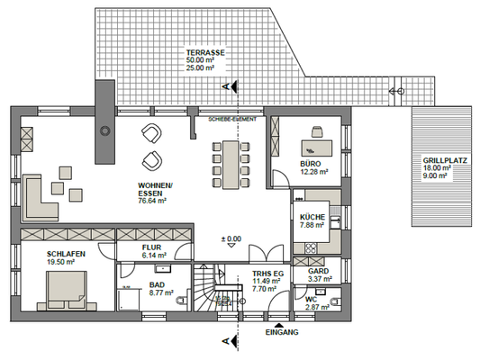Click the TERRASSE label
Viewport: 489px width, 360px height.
tap(200, 53)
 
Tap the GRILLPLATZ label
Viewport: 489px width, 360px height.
tap(443, 160)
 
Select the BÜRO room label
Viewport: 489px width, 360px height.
tap(311, 163)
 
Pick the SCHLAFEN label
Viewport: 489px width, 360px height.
tap(67, 255)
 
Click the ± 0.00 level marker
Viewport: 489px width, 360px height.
tap(231, 239)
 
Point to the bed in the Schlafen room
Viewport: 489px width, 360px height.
tap(62, 290)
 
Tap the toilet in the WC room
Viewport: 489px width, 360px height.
tap(336, 301)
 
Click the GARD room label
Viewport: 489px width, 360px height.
tap(318, 271)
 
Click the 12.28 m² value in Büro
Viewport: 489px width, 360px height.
tap(312, 171)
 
